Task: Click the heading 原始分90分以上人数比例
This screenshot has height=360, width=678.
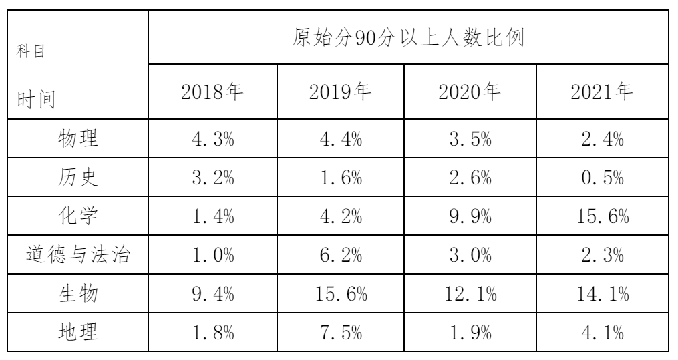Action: [407, 38]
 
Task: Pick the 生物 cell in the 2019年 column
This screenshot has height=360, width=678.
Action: [342, 294]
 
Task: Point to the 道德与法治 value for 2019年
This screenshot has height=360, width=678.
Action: [342, 256]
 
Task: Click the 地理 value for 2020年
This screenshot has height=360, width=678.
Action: [473, 332]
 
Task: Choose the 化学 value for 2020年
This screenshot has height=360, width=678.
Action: [473, 217]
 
